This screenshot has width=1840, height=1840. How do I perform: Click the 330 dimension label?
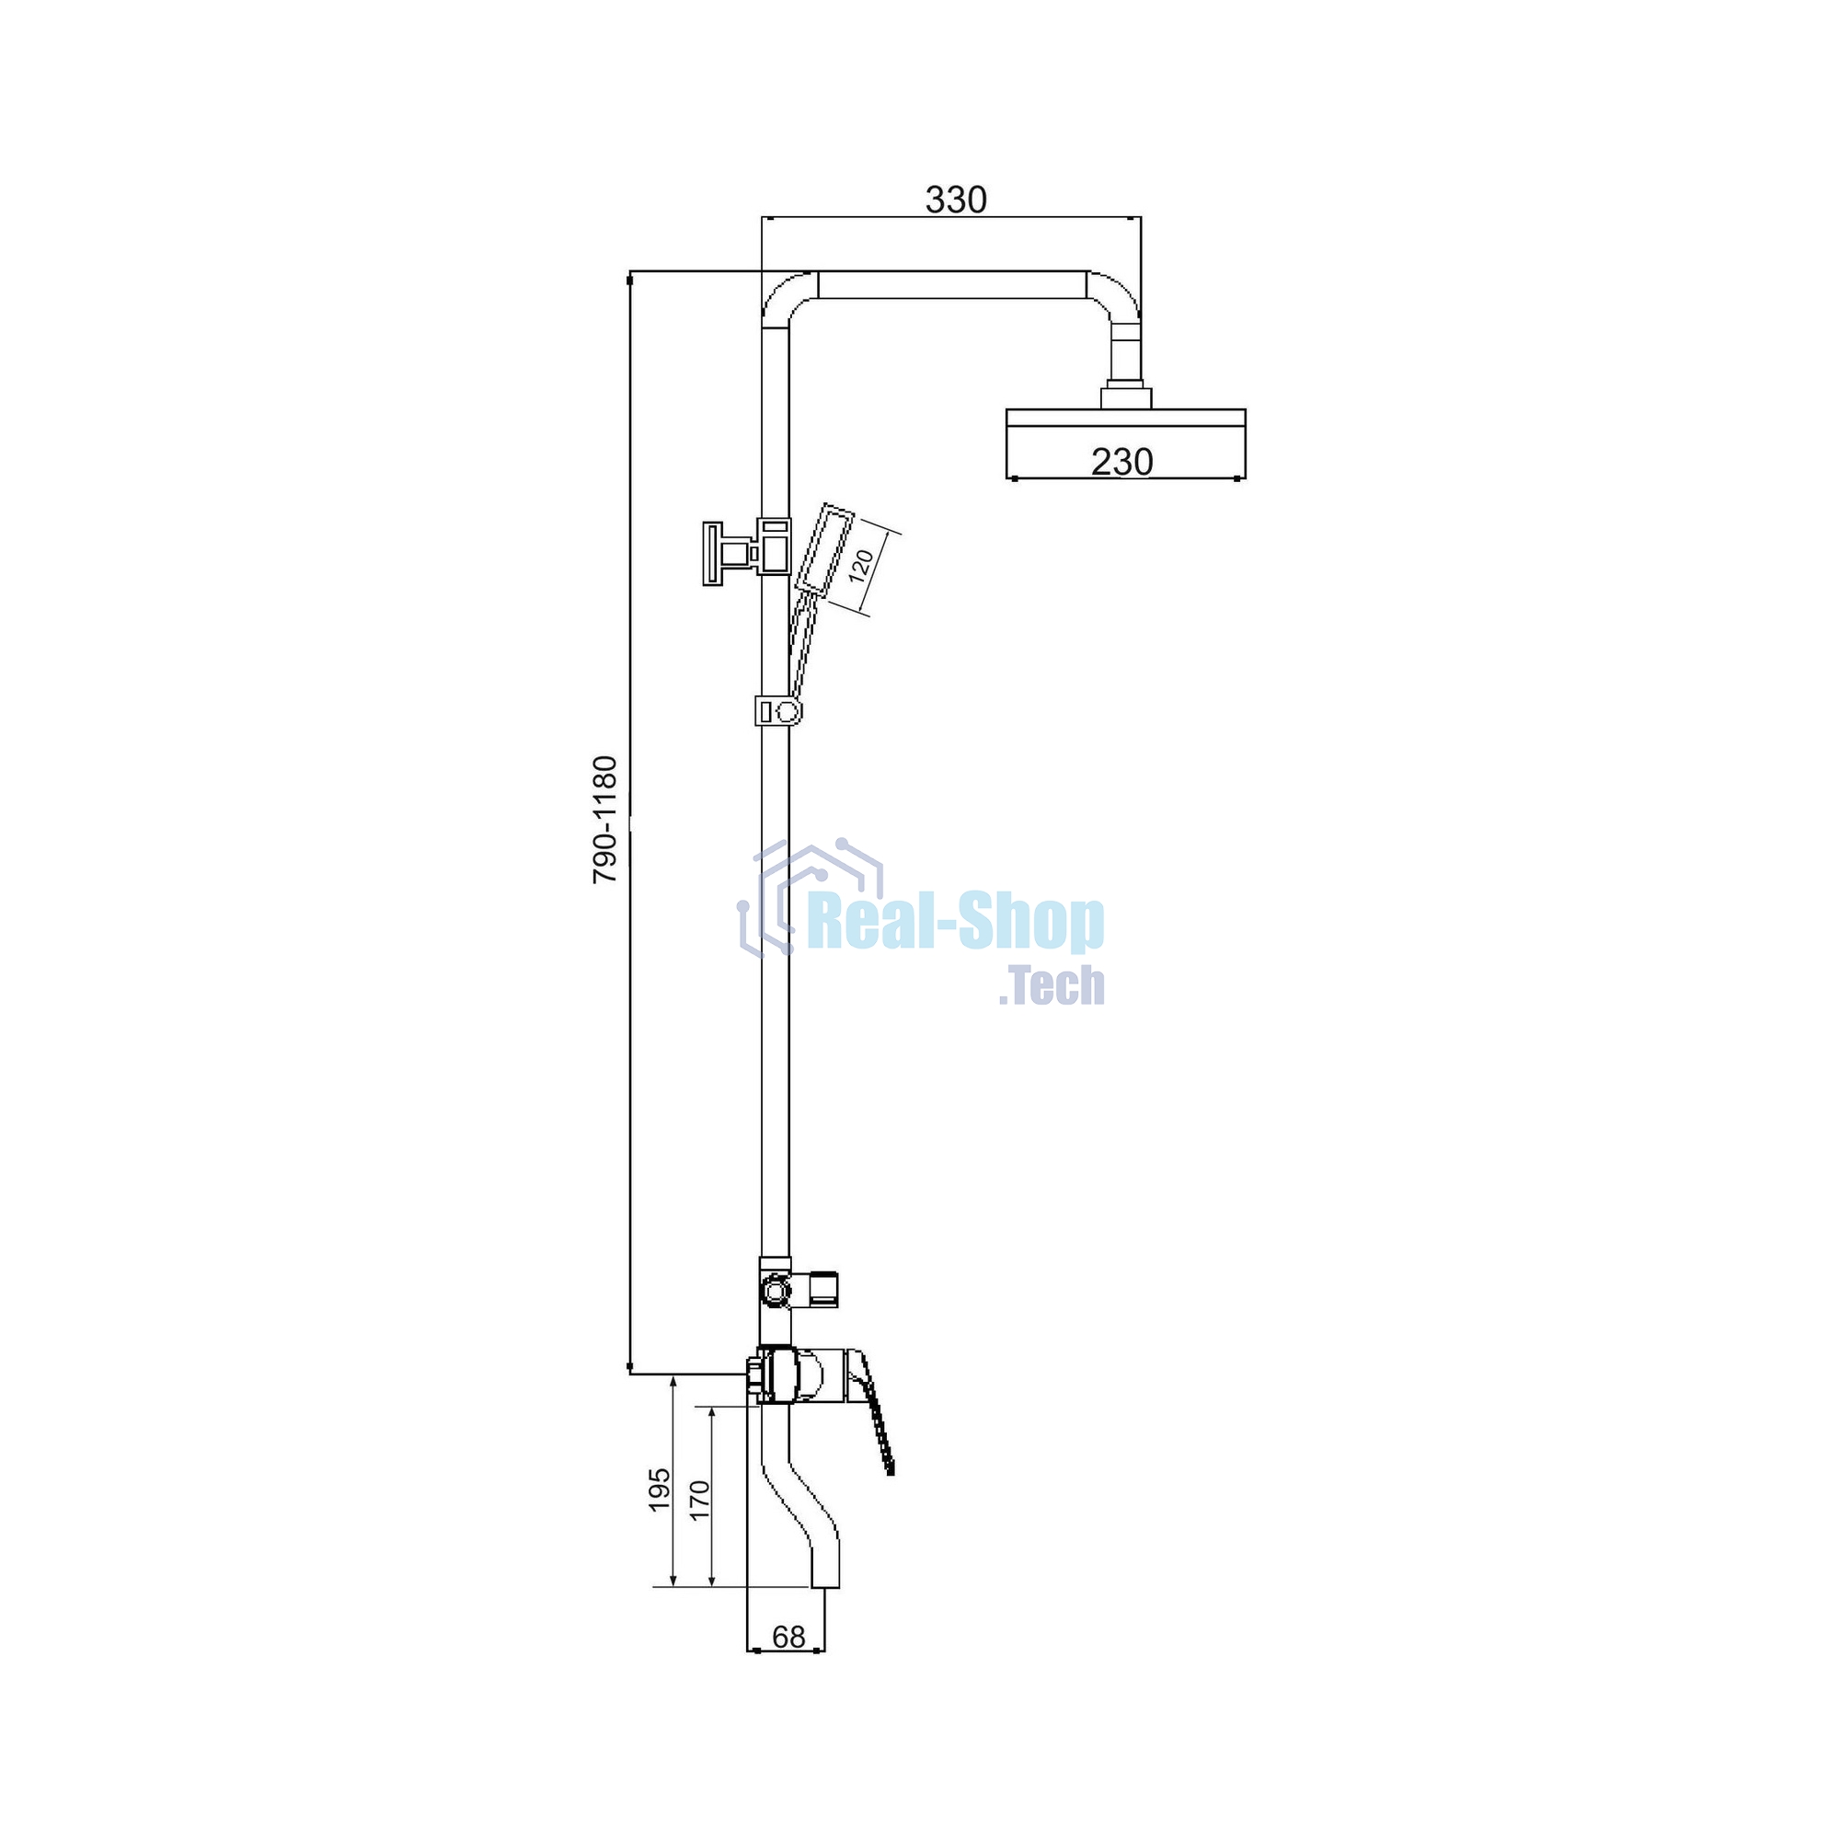click(956, 200)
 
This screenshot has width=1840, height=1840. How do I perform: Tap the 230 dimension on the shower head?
click(1121, 462)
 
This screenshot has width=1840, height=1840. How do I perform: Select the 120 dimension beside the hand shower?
click(860, 567)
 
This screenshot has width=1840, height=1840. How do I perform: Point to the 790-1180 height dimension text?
click(605, 820)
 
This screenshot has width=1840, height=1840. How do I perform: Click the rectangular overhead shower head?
click(1126, 443)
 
